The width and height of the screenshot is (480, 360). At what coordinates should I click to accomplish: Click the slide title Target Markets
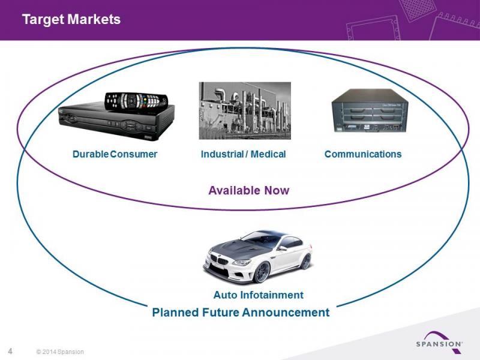click(71, 19)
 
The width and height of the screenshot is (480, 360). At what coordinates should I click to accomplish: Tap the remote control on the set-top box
click(136, 101)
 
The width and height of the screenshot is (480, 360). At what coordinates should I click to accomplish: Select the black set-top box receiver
click(116, 122)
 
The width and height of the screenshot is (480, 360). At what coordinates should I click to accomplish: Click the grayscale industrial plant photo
click(245, 110)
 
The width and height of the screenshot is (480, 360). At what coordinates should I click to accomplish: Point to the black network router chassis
click(370, 111)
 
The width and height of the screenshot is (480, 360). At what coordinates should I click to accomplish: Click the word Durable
click(91, 154)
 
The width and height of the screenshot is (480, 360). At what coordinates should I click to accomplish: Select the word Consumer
click(133, 154)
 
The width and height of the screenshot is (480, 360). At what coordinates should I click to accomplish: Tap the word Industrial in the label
click(222, 154)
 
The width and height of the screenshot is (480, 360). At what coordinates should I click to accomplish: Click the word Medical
click(268, 154)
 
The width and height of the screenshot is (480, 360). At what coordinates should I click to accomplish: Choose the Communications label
click(363, 154)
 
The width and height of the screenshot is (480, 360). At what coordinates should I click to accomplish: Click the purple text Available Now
click(249, 190)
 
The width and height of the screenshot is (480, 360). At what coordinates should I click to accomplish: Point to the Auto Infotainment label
click(259, 295)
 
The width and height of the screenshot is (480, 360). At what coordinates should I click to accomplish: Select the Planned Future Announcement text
click(241, 313)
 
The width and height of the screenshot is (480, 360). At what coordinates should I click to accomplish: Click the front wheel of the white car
click(261, 272)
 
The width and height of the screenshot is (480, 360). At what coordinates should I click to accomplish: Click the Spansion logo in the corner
click(439, 342)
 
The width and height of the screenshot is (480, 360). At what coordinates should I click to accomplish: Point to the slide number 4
click(10, 351)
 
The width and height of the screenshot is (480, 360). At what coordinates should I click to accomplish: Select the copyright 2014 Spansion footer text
click(60, 352)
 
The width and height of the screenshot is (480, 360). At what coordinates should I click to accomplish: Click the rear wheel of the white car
click(306, 261)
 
